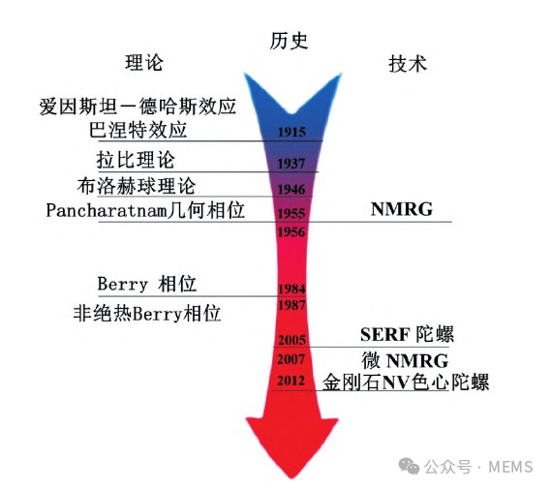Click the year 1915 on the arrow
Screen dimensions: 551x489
point(291,132)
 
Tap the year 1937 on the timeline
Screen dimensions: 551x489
point(291,164)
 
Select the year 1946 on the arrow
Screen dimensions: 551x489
point(291,190)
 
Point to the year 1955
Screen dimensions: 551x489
point(291,213)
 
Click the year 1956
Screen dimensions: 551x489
point(291,231)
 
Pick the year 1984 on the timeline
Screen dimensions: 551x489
point(291,289)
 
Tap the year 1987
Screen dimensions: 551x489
point(291,305)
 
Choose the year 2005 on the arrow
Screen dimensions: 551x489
point(291,340)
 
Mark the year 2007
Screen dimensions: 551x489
point(291,359)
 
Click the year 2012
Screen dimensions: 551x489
point(291,381)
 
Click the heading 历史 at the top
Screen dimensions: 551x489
point(289,41)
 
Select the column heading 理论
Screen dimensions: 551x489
point(144,63)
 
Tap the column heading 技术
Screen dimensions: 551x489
point(408,64)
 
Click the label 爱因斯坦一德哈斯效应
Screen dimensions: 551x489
point(138,107)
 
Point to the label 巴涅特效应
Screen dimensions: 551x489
point(138,130)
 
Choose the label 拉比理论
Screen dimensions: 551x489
point(136,160)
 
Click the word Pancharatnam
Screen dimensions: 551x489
point(107,211)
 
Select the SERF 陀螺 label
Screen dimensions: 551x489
point(407,334)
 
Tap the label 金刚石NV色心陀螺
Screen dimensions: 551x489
point(406,382)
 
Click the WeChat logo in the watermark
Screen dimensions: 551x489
point(409,466)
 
